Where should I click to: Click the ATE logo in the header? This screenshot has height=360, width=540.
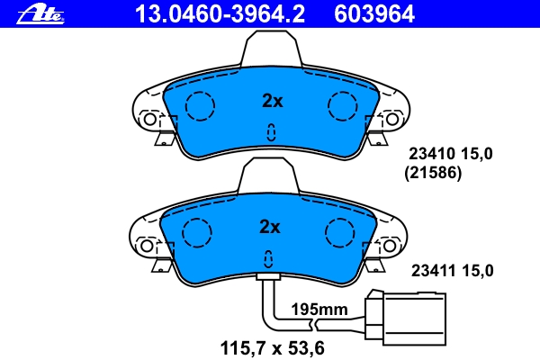click(40, 14)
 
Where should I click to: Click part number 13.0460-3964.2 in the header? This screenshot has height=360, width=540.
click(220, 14)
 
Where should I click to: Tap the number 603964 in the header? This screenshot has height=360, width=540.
click(374, 14)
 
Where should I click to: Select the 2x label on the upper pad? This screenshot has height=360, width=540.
click(272, 101)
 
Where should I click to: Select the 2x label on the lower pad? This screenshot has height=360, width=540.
click(269, 227)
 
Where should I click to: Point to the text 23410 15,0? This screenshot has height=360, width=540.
click(451, 154)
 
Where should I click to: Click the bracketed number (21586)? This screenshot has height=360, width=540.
click(433, 173)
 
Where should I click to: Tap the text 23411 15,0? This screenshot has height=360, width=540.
click(452, 271)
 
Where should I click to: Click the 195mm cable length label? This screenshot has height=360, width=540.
click(319, 309)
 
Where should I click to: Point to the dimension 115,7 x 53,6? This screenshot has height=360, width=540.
click(272, 348)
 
